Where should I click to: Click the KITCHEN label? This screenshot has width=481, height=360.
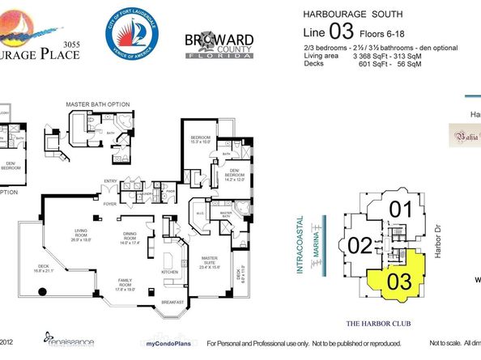[169, 273]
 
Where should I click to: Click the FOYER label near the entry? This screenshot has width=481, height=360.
[107, 203]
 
